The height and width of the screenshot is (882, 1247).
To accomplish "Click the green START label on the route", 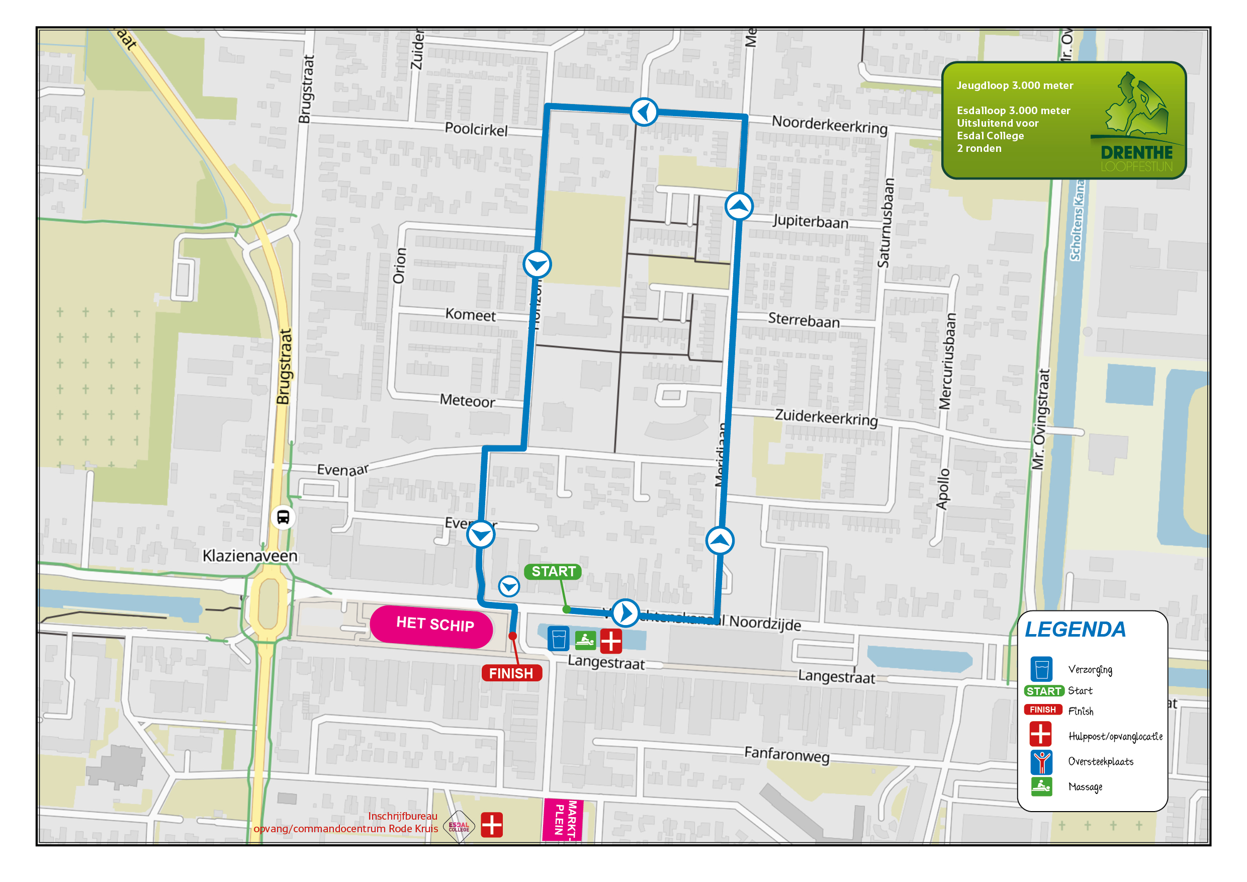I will (x=553, y=571).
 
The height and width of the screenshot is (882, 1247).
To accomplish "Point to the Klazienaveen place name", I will (x=250, y=556).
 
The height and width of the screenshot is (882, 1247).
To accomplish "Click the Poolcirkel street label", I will (x=476, y=129).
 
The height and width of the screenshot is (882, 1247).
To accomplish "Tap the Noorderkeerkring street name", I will (x=829, y=125).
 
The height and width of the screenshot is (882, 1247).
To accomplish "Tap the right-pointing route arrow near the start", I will (x=625, y=613).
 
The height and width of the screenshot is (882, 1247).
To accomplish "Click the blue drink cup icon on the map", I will (x=558, y=639).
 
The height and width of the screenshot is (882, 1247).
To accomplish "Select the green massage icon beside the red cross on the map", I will (x=585, y=640).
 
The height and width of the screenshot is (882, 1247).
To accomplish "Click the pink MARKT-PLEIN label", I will (x=564, y=820).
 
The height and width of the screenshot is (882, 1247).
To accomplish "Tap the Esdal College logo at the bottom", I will (x=459, y=827).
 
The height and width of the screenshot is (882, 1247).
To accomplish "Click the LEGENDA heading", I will (x=1075, y=630).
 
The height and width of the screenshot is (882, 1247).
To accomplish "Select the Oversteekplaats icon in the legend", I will (x=1041, y=762).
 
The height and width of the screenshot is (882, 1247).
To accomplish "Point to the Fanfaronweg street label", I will (x=786, y=754).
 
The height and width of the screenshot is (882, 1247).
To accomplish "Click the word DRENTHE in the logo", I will (x=1136, y=152).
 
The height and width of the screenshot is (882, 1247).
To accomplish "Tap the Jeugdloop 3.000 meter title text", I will (x=1014, y=86).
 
